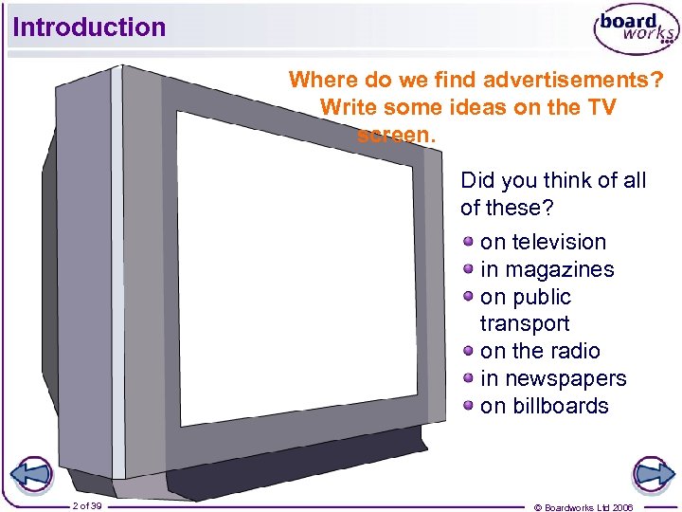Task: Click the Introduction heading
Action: coord(89,27)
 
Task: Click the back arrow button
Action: coord(31,474)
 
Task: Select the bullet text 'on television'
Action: coord(543,242)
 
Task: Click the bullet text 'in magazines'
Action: coord(547,269)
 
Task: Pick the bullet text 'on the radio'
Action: coord(540,351)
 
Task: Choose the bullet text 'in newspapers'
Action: coord(553,378)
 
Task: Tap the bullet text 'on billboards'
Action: coord(544,406)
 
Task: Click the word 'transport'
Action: coord(525,323)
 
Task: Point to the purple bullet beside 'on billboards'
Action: coord(469,404)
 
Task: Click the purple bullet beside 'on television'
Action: coord(469,240)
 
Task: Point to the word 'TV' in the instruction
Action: coord(601,107)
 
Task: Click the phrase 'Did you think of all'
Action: coord(553,180)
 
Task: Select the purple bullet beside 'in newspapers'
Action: coord(469,376)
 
